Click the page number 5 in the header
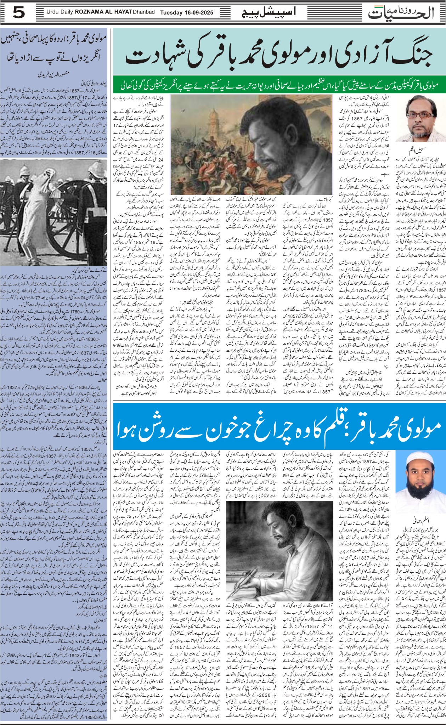[x=18, y=13]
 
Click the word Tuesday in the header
[x=171, y=12]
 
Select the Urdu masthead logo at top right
[x=403, y=13]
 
